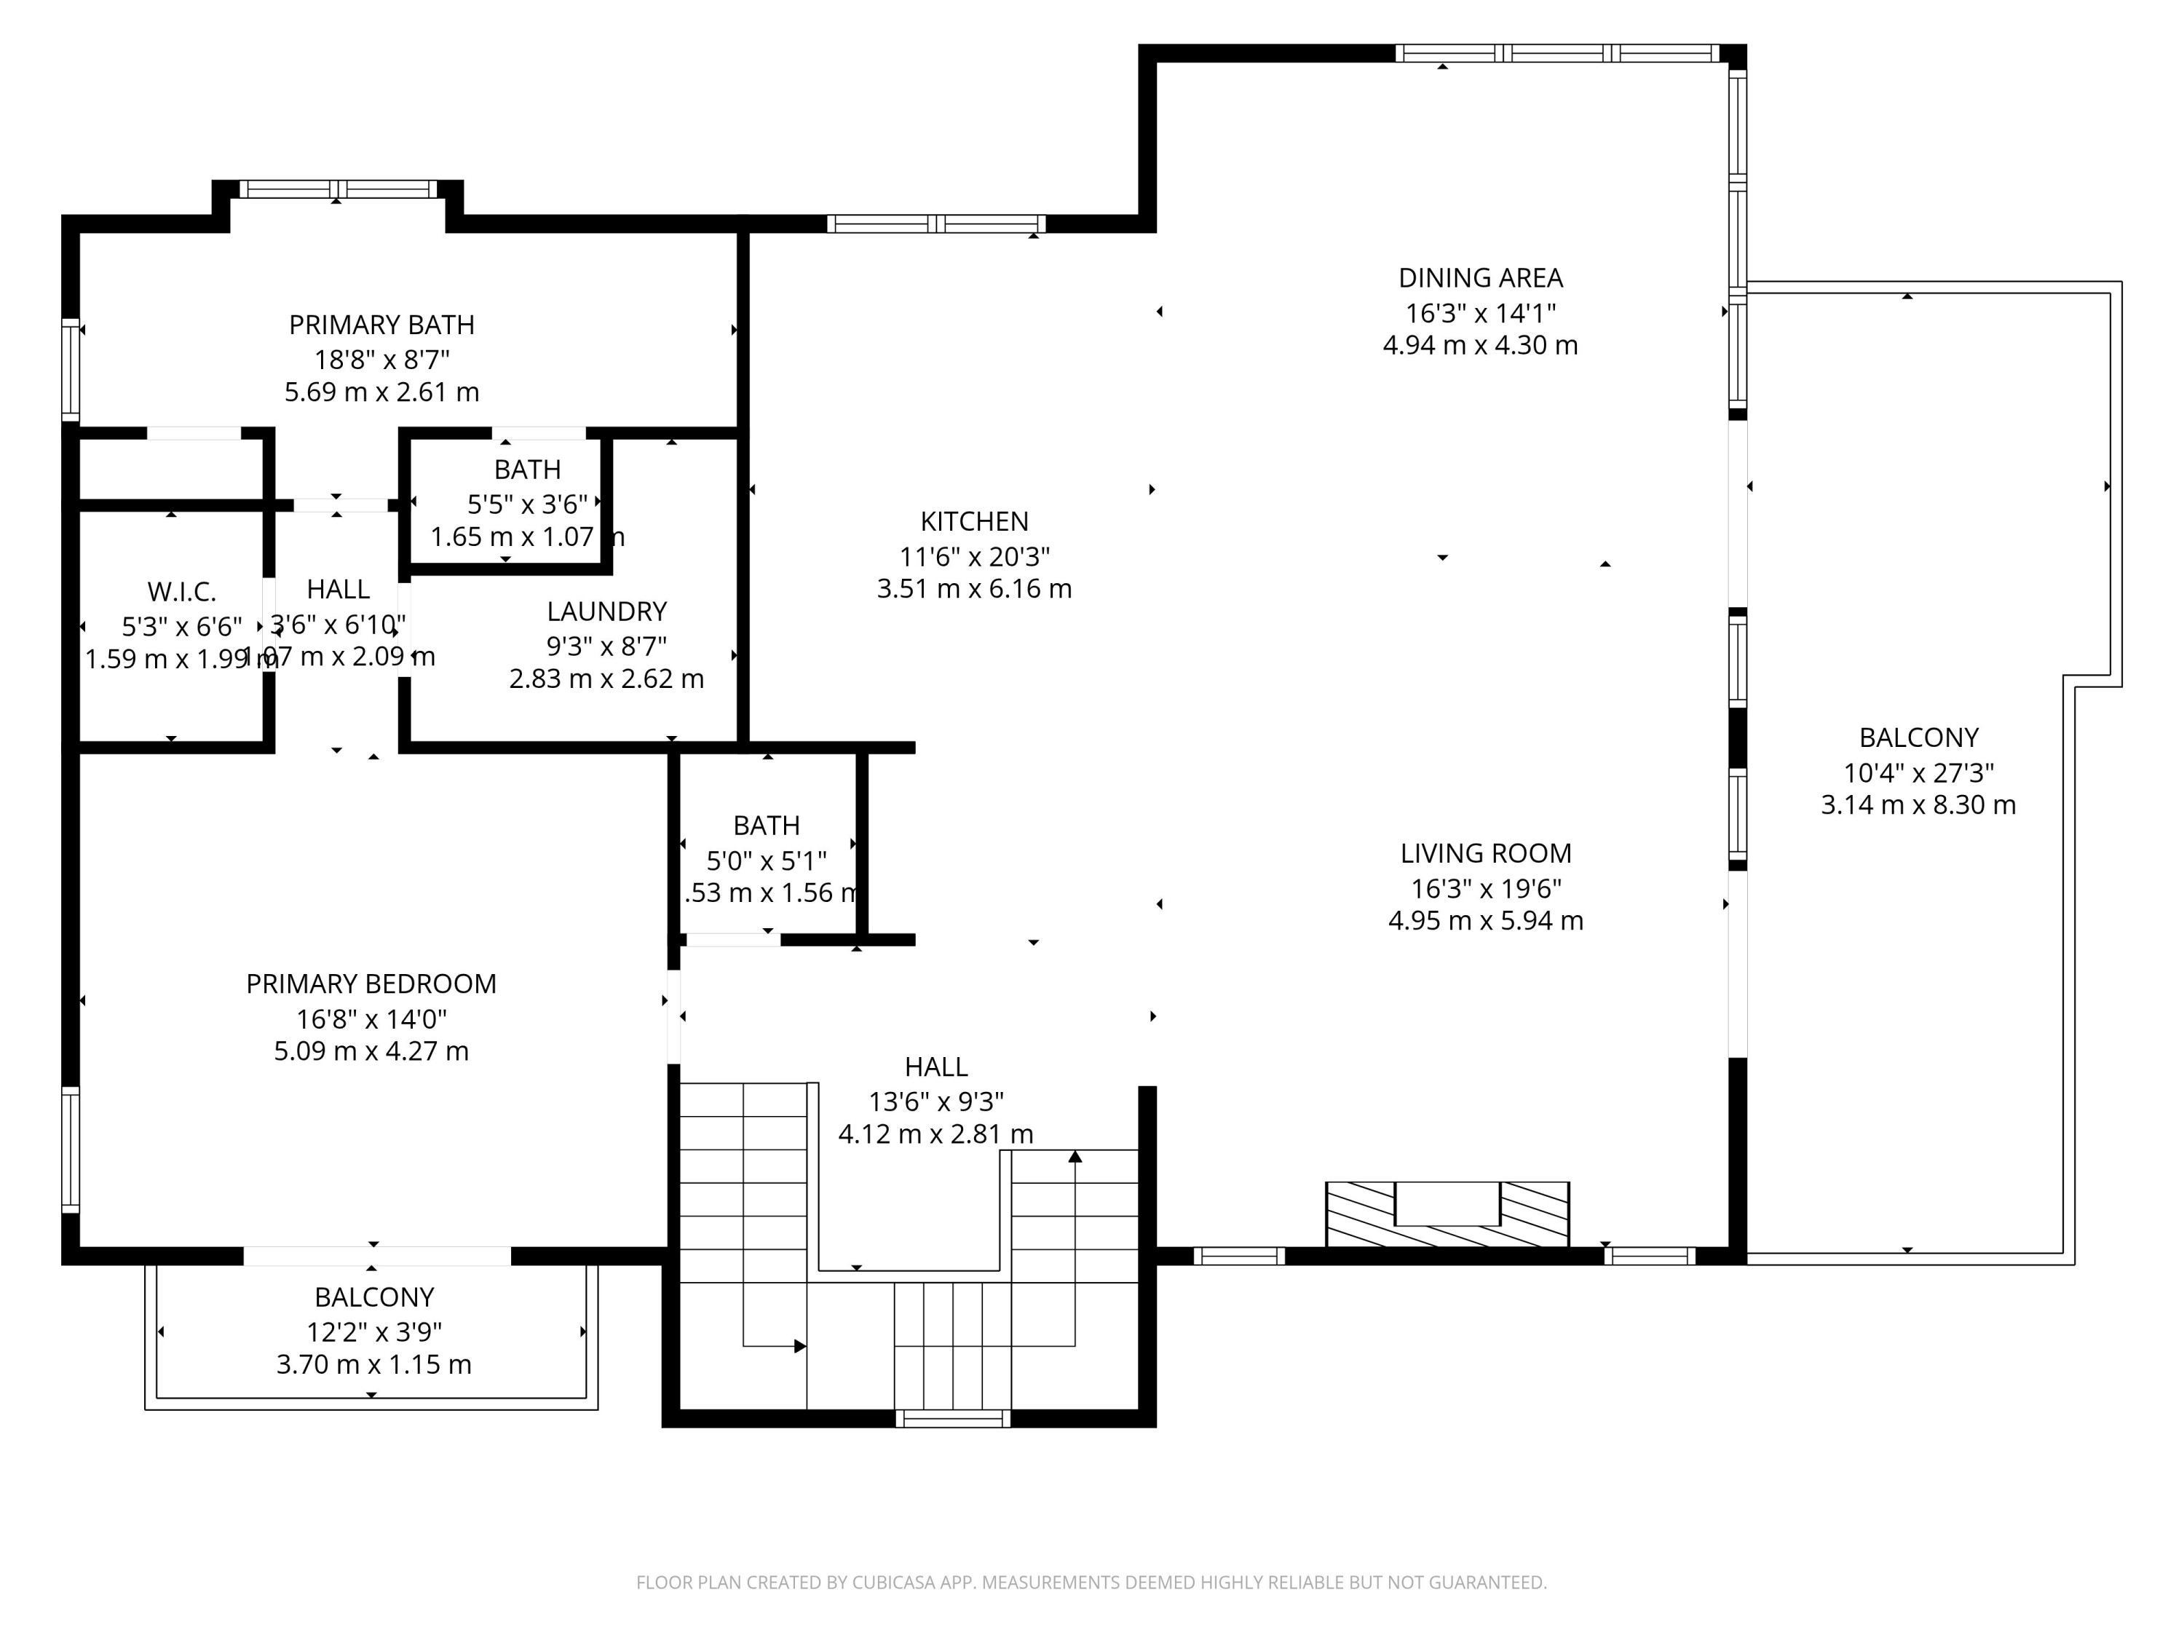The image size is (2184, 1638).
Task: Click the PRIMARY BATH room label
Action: (x=381, y=325)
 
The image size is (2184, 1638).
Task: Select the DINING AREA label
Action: (x=1479, y=278)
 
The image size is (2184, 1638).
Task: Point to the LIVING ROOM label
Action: (x=1485, y=853)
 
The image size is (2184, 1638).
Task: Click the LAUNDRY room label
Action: (x=606, y=612)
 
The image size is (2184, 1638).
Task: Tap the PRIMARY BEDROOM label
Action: (x=371, y=984)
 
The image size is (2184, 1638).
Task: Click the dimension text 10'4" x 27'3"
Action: (x=1918, y=773)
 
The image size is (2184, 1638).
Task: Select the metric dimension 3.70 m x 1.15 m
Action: (x=373, y=1364)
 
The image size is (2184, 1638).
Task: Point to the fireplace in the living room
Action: (x=1447, y=1214)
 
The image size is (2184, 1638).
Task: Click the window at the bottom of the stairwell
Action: (x=953, y=1419)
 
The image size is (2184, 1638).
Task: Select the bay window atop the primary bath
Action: (x=338, y=189)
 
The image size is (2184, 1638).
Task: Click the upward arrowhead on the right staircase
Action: (x=1075, y=1156)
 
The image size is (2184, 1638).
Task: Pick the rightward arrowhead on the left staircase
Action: (x=800, y=1346)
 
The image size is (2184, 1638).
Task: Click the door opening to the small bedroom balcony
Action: (x=376, y=1256)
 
